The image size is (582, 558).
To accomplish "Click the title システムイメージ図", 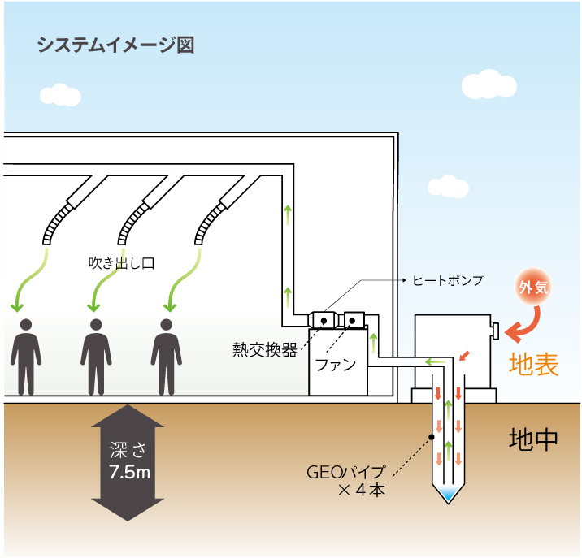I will pyautogui.click(x=115, y=45).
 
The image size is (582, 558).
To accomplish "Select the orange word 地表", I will pyautogui.click(x=534, y=365).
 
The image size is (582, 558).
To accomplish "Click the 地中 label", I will pyautogui.click(x=533, y=439).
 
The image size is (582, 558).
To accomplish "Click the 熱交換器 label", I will pyautogui.click(x=264, y=351).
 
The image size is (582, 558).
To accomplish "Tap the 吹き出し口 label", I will pyautogui.click(x=121, y=263).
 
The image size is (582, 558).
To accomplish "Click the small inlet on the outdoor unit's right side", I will pyautogui.click(x=493, y=330).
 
